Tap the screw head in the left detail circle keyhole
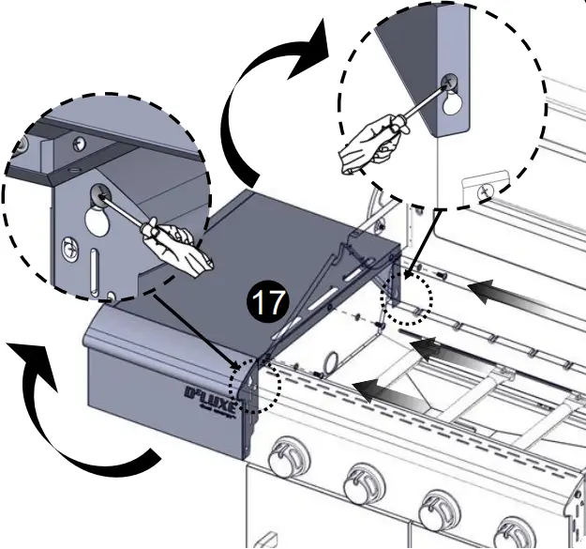[x=98, y=196]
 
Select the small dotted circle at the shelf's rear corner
[x=407, y=302]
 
